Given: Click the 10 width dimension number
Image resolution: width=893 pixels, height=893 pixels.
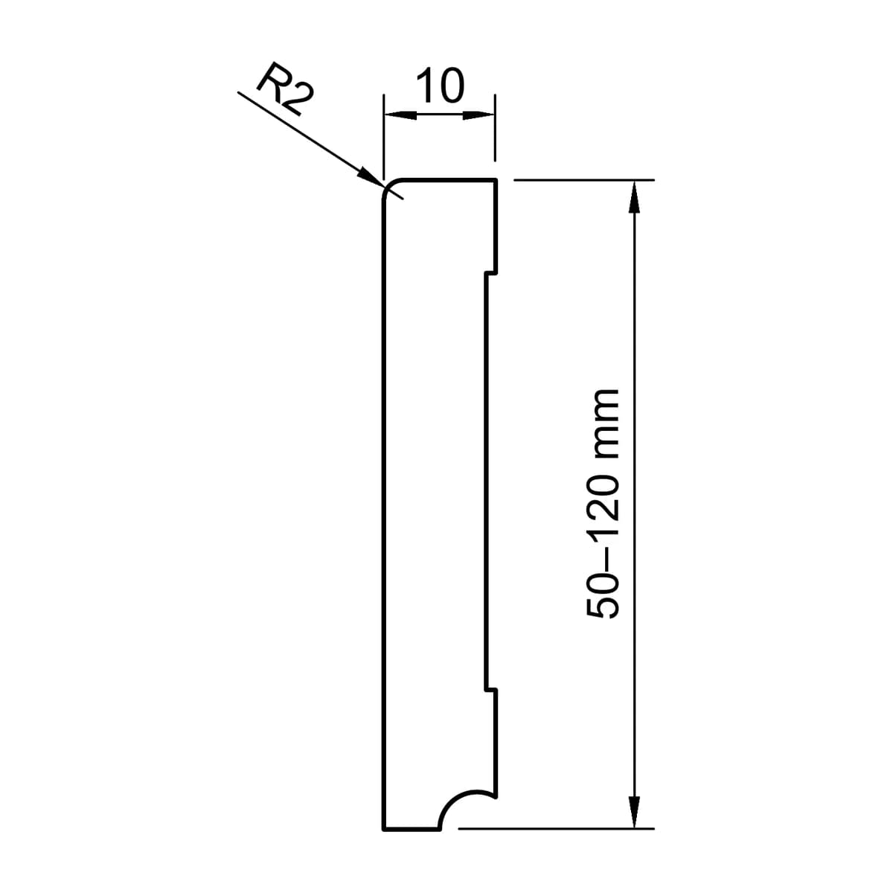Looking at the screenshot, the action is (439, 86).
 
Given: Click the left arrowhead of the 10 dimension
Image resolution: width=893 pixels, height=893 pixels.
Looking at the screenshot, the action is (400, 114).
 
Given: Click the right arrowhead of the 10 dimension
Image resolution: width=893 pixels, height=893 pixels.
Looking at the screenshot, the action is (478, 114).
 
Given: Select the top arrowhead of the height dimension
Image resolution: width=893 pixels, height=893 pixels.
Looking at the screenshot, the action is (633, 196).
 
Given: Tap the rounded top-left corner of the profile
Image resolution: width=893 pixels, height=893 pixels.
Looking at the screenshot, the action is (388, 185).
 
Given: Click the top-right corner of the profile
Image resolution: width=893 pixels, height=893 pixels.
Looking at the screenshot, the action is (496, 179).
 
